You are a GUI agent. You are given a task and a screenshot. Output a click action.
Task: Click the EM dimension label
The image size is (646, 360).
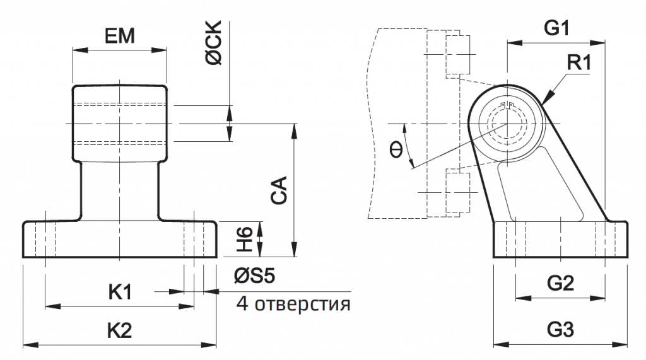tap(120, 37)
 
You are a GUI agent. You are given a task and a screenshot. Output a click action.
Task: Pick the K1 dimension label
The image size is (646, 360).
tap(120, 292)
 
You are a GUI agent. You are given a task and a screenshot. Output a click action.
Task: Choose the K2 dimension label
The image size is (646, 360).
tap(120, 330)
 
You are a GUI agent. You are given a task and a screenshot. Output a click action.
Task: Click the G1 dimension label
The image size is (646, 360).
tap(556, 28)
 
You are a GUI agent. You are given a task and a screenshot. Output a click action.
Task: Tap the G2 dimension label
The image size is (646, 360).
tap(560, 284)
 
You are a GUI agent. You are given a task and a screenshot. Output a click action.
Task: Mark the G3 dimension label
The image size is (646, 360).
tap(560, 330)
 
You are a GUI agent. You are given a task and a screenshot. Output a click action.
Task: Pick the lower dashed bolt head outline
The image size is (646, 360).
tap(459, 192)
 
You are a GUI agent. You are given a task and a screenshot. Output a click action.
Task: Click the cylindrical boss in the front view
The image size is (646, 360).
tap(120, 123)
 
